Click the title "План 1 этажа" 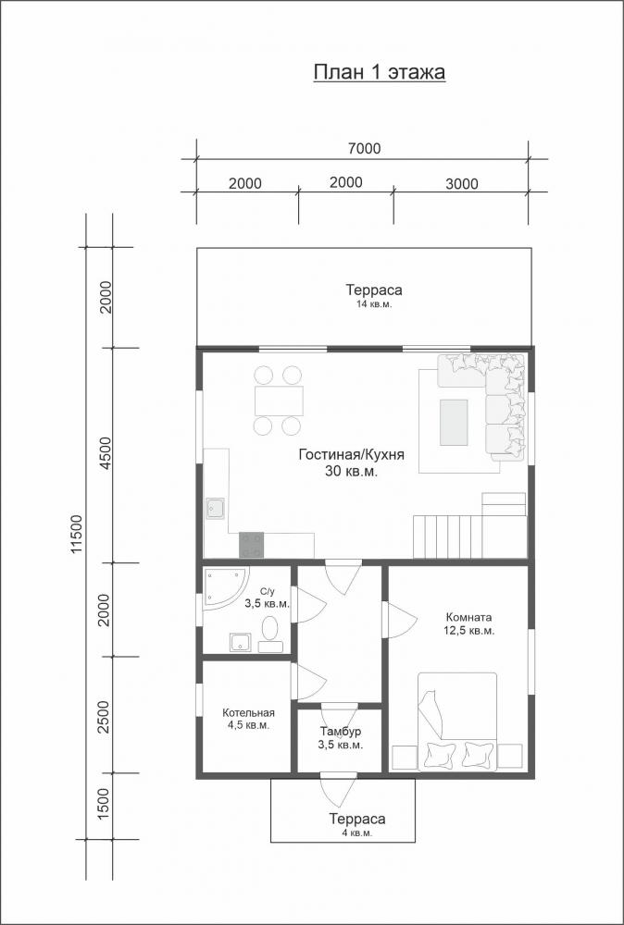tap(379, 72)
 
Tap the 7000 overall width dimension tap(364, 149)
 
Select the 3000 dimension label tap(462, 184)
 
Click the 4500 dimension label tap(106, 453)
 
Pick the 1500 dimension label tap(104, 804)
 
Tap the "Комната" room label tap(468, 618)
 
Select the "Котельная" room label tap(248, 712)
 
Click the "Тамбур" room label tap(342, 732)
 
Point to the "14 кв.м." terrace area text tap(374, 304)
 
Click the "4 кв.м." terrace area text tap(357, 833)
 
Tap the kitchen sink tap(216, 509)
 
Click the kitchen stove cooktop tap(252, 545)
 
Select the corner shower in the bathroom tap(225, 587)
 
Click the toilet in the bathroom tap(270, 635)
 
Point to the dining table tap(280, 401)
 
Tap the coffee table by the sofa tap(454, 423)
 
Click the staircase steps tap(447, 536)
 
